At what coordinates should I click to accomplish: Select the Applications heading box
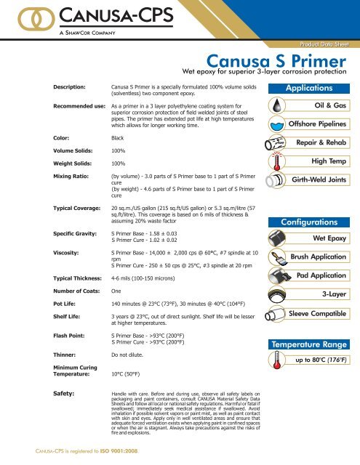[x=313, y=88]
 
